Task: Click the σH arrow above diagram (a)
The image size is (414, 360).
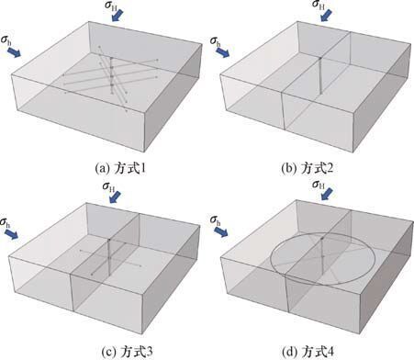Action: pyautogui.click(x=117, y=16)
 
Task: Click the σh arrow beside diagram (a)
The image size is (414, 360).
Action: pyautogui.click(x=14, y=52)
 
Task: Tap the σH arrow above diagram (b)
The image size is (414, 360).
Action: pyautogui.click(x=327, y=16)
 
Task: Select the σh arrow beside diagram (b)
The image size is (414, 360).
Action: pyautogui.click(x=223, y=52)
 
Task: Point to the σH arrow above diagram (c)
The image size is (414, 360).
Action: pyautogui.click(x=116, y=197)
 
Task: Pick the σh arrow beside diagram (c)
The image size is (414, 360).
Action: pyautogui.click(x=12, y=234)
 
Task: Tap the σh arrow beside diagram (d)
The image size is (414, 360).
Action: pyautogui.click(x=221, y=232)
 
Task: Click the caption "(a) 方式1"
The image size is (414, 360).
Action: pyautogui.click(x=120, y=169)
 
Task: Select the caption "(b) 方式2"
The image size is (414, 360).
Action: pyautogui.click(x=307, y=168)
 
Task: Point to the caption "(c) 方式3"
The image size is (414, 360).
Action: pyautogui.click(x=127, y=352)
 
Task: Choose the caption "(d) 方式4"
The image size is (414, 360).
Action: pyautogui.click(x=308, y=352)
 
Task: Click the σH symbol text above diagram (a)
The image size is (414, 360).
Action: pyautogui.click(x=111, y=6)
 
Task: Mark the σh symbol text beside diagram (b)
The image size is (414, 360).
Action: pyautogui.click(x=215, y=42)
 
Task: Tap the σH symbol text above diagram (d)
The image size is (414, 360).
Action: pyautogui.click(x=319, y=185)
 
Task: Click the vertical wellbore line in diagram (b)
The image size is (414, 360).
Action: pyautogui.click(x=320, y=75)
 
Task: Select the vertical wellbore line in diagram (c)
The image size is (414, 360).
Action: pyautogui.click(x=109, y=257)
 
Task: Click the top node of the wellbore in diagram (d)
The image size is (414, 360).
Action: pyautogui.click(x=322, y=238)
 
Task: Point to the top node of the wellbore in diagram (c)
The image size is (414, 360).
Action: pyautogui.click(x=109, y=240)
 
